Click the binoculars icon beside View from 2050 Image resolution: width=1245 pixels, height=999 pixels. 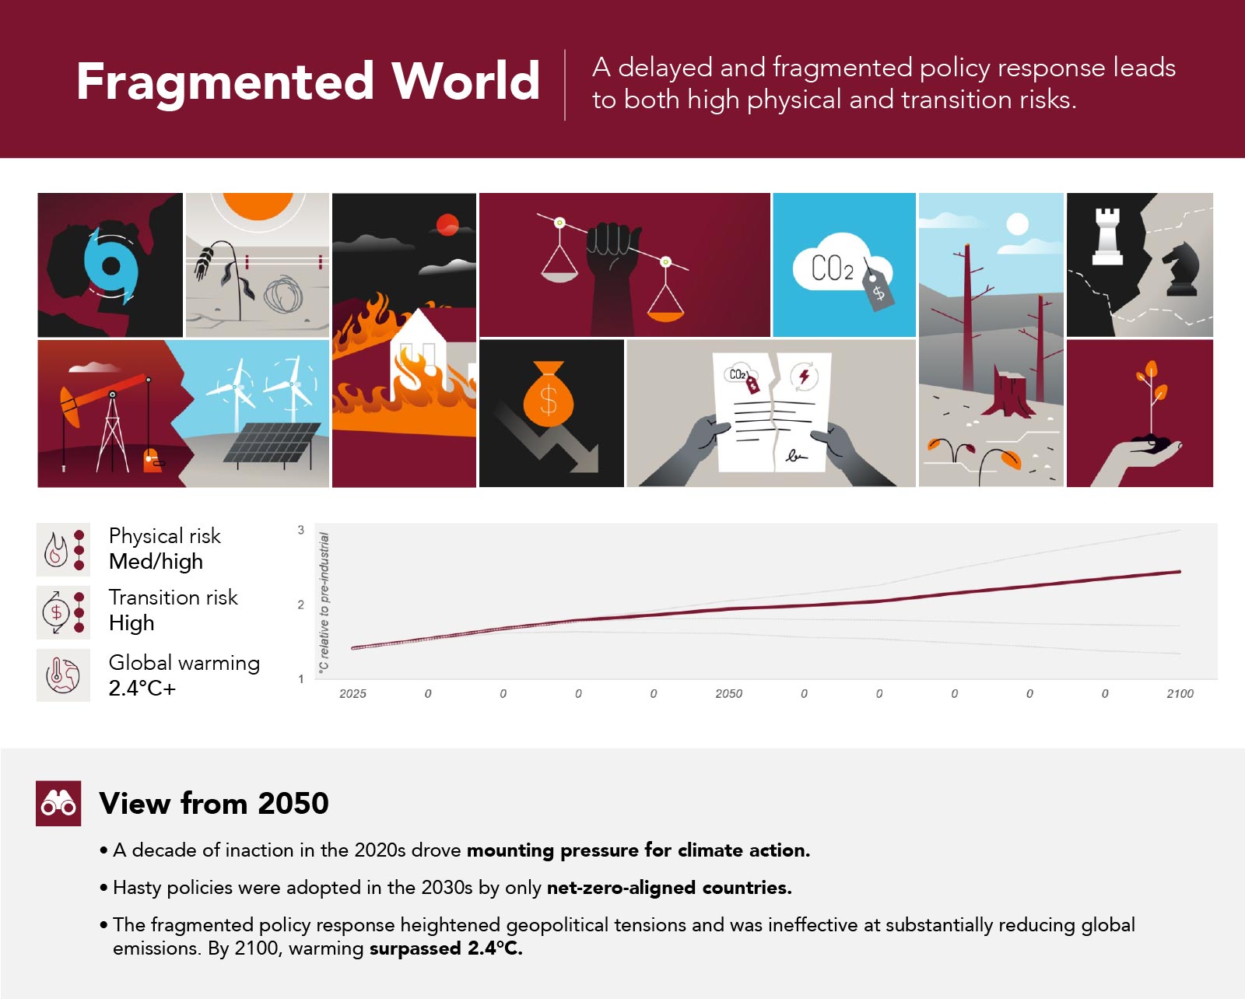(x=58, y=804)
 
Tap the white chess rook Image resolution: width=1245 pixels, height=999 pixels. (x=1107, y=237)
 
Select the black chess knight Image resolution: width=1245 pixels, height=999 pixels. (x=1180, y=269)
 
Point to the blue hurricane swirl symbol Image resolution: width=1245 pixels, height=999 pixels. (x=111, y=265)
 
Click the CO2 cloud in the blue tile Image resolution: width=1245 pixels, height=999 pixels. (x=836, y=263)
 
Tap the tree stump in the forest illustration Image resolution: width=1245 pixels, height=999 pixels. (x=1008, y=391)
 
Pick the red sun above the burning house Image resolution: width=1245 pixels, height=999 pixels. (x=447, y=225)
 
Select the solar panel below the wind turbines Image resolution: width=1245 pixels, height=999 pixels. (x=272, y=443)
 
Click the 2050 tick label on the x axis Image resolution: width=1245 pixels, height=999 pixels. (x=728, y=693)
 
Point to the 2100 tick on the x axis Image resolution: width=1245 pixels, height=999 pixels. (x=1180, y=693)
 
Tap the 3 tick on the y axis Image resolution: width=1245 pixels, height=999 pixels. (x=301, y=529)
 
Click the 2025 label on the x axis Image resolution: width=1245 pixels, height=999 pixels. (x=352, y=693)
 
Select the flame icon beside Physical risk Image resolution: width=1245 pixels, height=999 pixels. (x=55, y=549)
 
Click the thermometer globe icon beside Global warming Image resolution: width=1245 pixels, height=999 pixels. (x=62, y=675)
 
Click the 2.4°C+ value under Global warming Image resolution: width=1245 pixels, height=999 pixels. (x=142, y=689)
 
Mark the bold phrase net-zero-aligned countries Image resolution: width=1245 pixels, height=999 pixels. (x=669, y=888)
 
